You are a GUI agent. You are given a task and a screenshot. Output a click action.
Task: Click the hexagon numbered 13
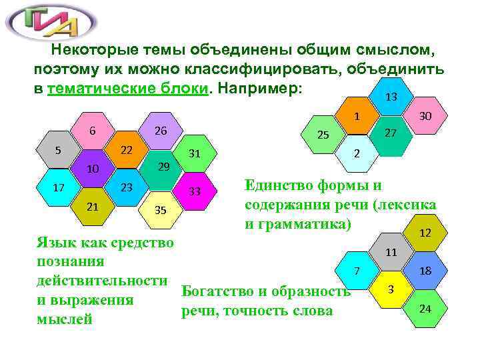click(x=391, y=97)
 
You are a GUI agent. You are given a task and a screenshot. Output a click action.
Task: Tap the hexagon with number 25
click(x=323, y=135)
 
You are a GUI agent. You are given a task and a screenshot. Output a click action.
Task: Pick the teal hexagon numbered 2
click(x=357, y=154)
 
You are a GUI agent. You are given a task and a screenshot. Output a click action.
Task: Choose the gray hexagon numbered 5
click(x=59, y=149)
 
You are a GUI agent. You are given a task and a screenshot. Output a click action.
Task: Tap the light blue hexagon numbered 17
click(x=59, y=187)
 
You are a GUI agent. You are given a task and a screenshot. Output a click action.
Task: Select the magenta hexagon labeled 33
click(x=195, y=191)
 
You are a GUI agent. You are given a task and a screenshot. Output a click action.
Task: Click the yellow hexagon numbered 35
click(x=160, y=209)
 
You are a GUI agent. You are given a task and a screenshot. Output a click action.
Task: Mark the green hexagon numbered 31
click(x=195, y=153)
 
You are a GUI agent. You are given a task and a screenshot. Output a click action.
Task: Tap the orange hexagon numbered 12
click(x=425, y=233)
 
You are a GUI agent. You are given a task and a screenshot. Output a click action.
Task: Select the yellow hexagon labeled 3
click(x=392, y=289)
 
